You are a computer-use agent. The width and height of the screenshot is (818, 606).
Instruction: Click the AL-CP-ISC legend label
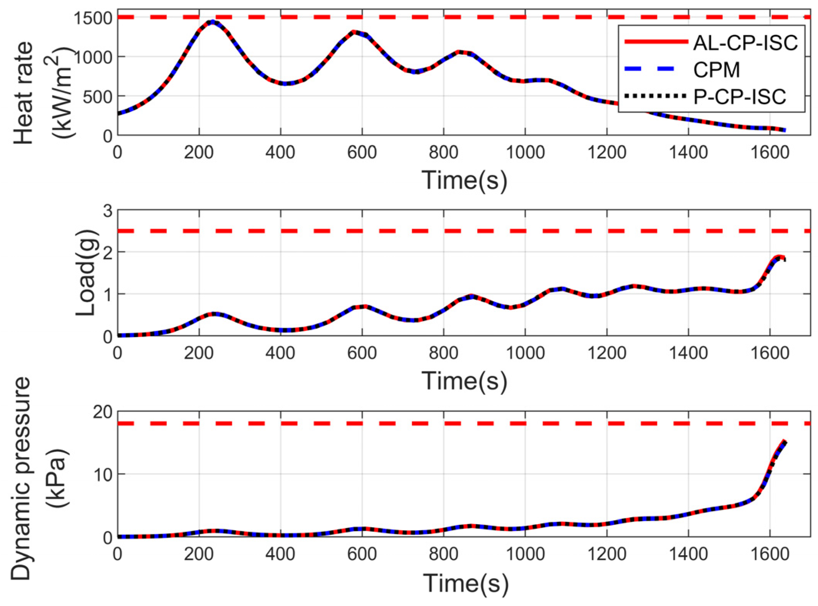[x=745, y=43]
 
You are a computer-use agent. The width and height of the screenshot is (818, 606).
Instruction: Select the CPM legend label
[x=717, y=70]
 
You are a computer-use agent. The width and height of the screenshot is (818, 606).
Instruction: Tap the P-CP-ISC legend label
[x=740, y=96]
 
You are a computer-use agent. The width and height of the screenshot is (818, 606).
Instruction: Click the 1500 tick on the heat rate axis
[x=93, y=18]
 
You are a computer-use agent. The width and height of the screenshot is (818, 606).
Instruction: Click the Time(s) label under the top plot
[x=464, y=180]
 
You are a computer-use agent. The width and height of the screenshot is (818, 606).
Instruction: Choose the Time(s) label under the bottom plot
[x=466, y=583]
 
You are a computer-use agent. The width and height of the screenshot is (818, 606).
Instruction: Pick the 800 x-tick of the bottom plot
[x=444, y=554]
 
